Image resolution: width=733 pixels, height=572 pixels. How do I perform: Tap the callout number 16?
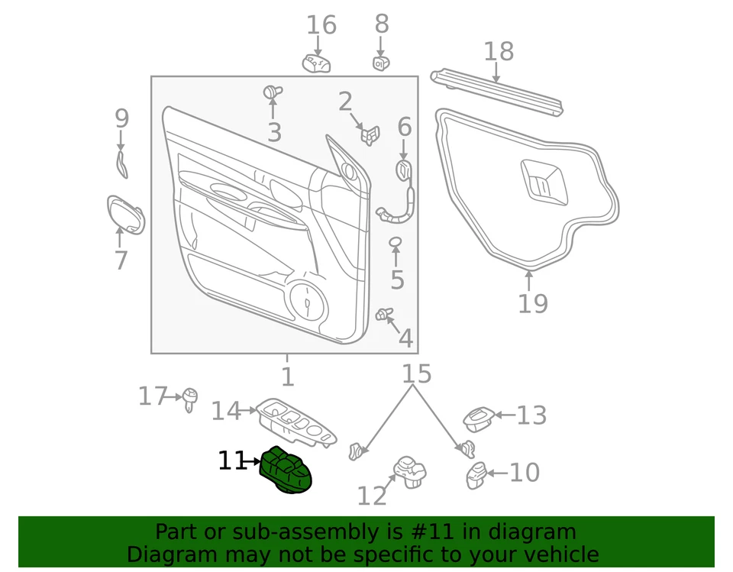[321, 25]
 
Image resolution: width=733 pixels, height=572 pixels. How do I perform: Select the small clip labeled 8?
[382, 63]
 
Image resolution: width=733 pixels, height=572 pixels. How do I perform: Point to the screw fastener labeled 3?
[271, 92]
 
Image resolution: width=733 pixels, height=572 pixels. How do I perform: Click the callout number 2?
[345, 102]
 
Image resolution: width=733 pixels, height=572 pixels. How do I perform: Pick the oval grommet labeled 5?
[396, 242]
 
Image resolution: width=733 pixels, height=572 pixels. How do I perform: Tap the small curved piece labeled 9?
[121, 163]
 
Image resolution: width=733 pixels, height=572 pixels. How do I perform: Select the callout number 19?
[533, 303]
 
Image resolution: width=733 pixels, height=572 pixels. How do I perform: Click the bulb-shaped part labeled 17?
[189, 397]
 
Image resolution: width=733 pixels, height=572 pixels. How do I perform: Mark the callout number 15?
[416, 373]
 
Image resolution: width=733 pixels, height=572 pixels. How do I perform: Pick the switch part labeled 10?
[476, 475]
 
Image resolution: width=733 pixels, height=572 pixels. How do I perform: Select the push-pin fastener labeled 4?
[384, 314]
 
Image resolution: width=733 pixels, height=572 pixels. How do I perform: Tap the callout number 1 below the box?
[287, 376]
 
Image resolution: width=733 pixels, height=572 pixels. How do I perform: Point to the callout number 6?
[404, 127]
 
